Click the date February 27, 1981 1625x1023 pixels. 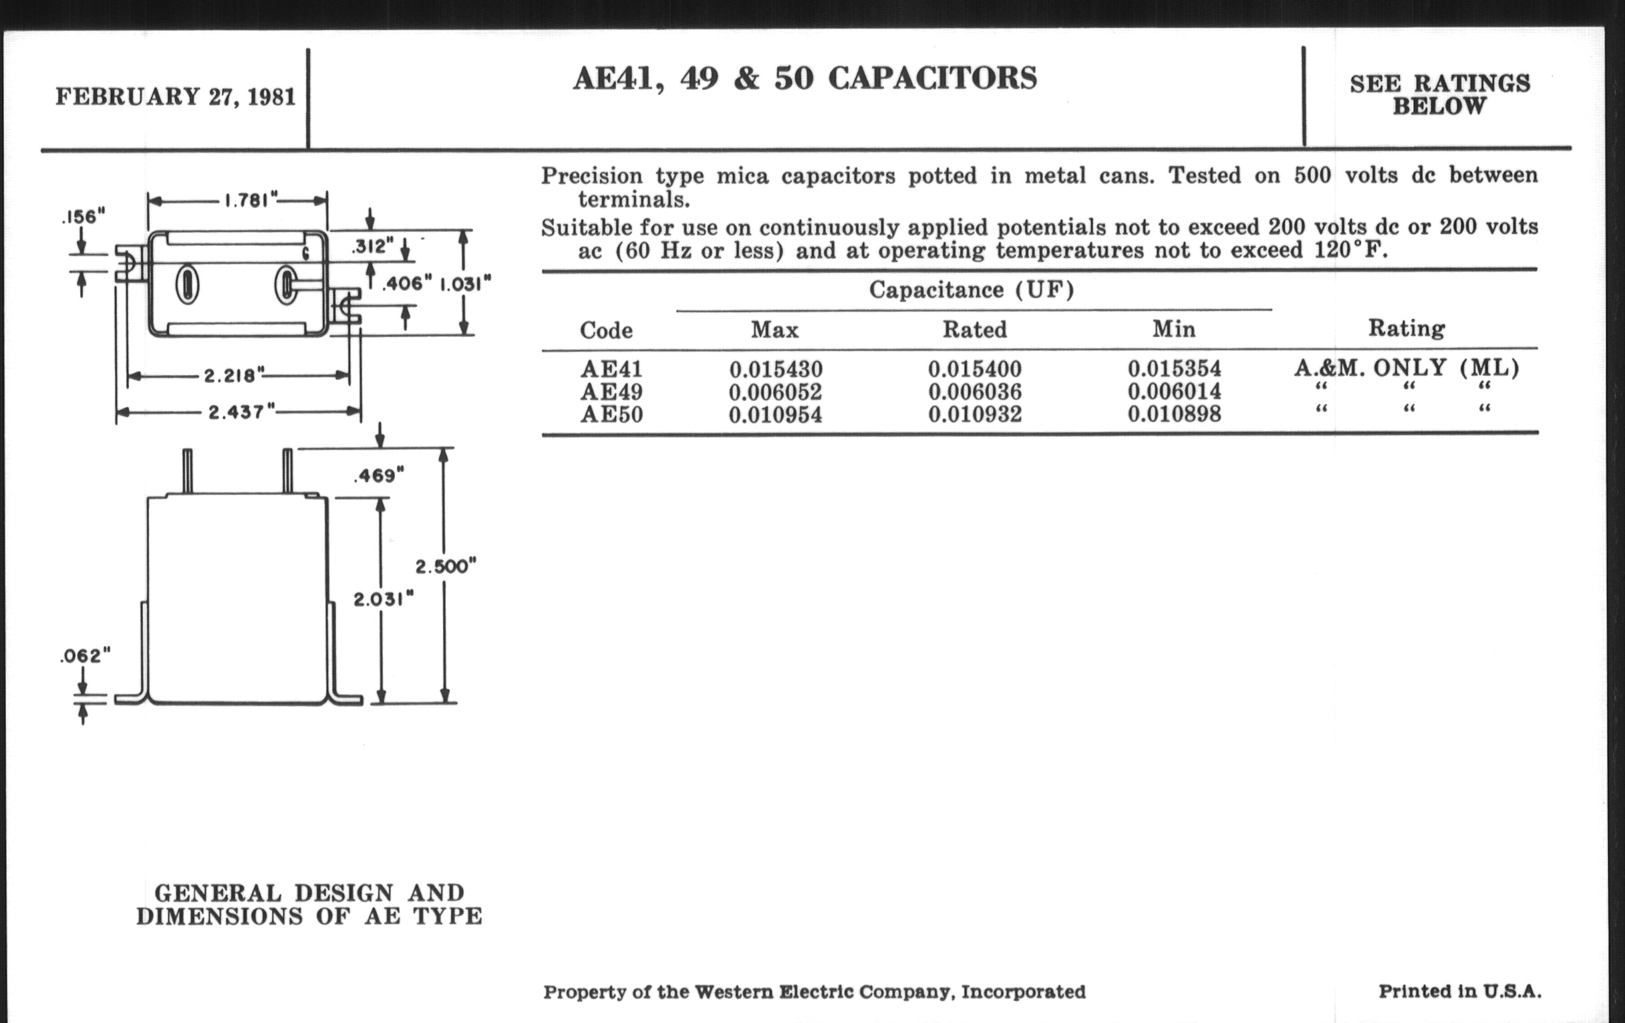click(176, 96)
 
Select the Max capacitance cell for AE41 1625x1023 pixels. click(776, 369)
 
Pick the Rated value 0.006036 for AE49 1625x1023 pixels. click(975, 392)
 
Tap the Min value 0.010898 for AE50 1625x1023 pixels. click(1174, 413)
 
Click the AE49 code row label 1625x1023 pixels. click(612, 392)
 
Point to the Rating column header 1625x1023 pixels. click(1407, 328)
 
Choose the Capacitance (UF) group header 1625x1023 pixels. click(972, 290)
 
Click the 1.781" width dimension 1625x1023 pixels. click(251, 201)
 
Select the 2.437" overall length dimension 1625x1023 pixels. click(241, 411)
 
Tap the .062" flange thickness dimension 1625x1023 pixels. click(85, 656)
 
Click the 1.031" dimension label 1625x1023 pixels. click(466, 284)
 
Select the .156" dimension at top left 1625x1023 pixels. click(83, 217)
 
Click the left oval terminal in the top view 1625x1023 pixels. click(187, 285)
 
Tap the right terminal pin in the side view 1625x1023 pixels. click(287, 471)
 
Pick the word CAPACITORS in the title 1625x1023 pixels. click(933, 78)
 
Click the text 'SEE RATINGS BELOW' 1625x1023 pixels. click(1440, 94)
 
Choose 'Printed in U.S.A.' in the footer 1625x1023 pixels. click(1461, 992)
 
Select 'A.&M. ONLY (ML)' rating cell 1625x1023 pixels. click(1407, 368)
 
